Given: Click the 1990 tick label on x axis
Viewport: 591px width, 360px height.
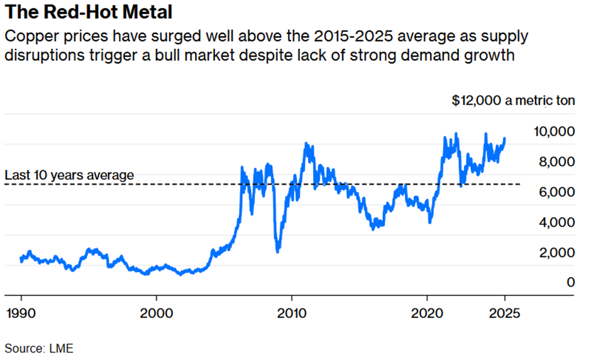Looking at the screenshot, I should click(21, 312).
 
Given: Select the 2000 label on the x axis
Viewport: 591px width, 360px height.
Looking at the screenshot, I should click(157, 312).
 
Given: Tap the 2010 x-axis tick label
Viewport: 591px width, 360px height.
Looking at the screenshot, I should click(291, 312).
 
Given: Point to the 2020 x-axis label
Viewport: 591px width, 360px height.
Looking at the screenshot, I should click(427, 312).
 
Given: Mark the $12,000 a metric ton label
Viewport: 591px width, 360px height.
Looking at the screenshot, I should click(513, 101).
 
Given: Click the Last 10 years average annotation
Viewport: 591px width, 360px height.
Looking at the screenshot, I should click(69, 175).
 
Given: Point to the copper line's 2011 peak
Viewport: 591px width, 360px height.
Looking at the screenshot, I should click(306, 144).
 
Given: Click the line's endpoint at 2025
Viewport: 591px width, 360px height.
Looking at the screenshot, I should click(505, 139).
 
